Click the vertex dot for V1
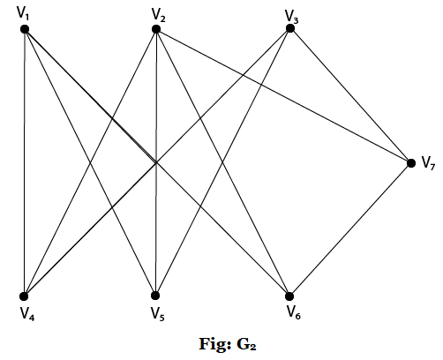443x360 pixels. tap(25, 29)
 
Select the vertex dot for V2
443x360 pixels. tap(155, 29)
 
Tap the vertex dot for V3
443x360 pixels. tap(289, 28)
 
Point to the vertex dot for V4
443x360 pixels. tap(25, 296)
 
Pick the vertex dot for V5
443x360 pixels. tap(155, 296)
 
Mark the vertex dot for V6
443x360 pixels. tap(289, 296)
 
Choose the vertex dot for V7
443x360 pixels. tap(410, 162)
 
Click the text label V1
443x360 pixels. tap(25, 13)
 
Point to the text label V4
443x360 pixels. tap(26, 312)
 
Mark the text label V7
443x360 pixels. tap(427, 163)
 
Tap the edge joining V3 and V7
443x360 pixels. tap(350, 95)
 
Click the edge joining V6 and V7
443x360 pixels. tap(349, 229)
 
